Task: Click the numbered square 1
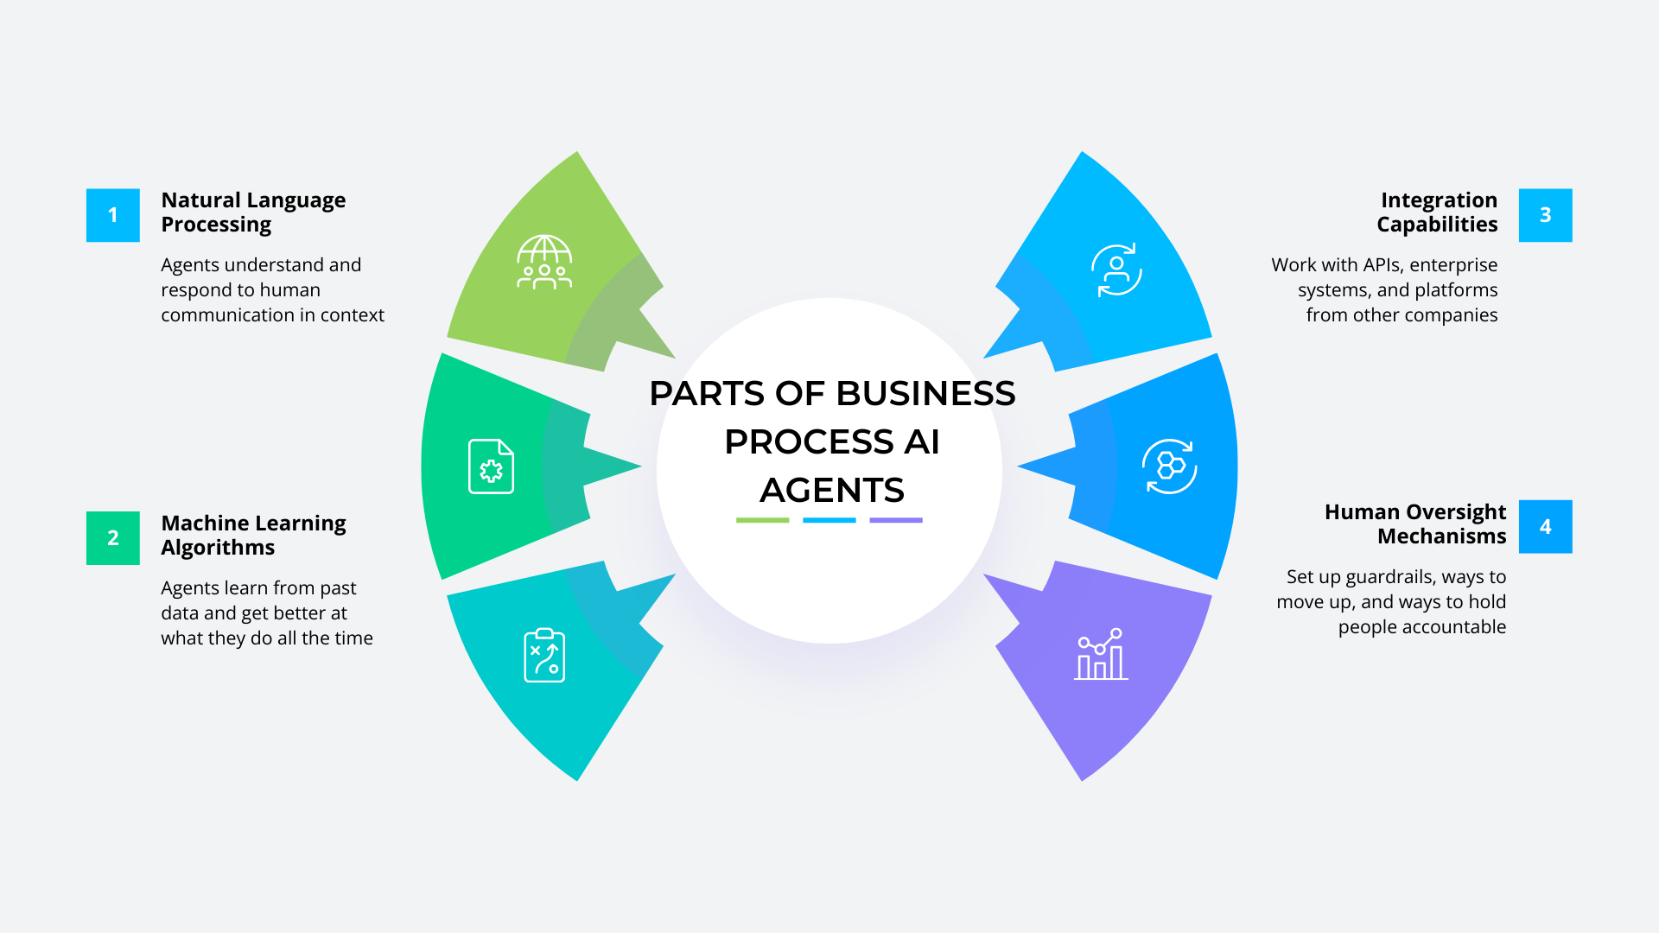(x=112, y=215)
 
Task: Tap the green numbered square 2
(x=112, y=537)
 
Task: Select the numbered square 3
(x=1545, y=215)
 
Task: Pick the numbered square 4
(x=1545, y=526)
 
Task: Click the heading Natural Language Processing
(x=253, y=213)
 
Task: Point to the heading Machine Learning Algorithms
(x=253, y=535)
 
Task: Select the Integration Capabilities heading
(x=1437, y=213)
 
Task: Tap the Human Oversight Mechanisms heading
(x=1415, y=524)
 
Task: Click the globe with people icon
(x=544, y=262)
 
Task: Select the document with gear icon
(x=491, y=466)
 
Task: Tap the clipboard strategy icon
(x=544, y=656)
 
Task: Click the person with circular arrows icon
(x=1116, y=270)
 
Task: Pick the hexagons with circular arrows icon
(x=1170, y=466)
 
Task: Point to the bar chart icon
(x=1101, y=655)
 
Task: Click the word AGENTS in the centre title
(x=831, y=491)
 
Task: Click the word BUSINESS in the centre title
(x=926, y=394)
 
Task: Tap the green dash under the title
(x=762, y=520)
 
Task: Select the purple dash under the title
(x=896, y=520)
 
